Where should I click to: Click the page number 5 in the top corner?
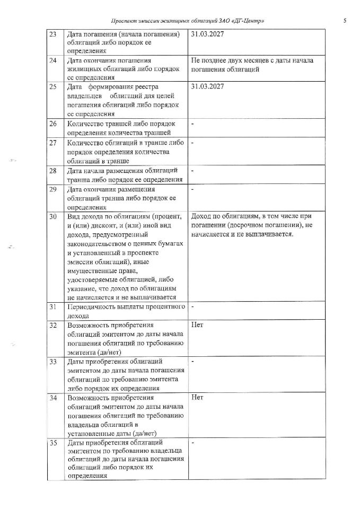345,21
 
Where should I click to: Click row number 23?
53,34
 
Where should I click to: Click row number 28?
53,171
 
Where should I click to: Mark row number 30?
53,217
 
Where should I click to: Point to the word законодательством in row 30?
99,243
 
